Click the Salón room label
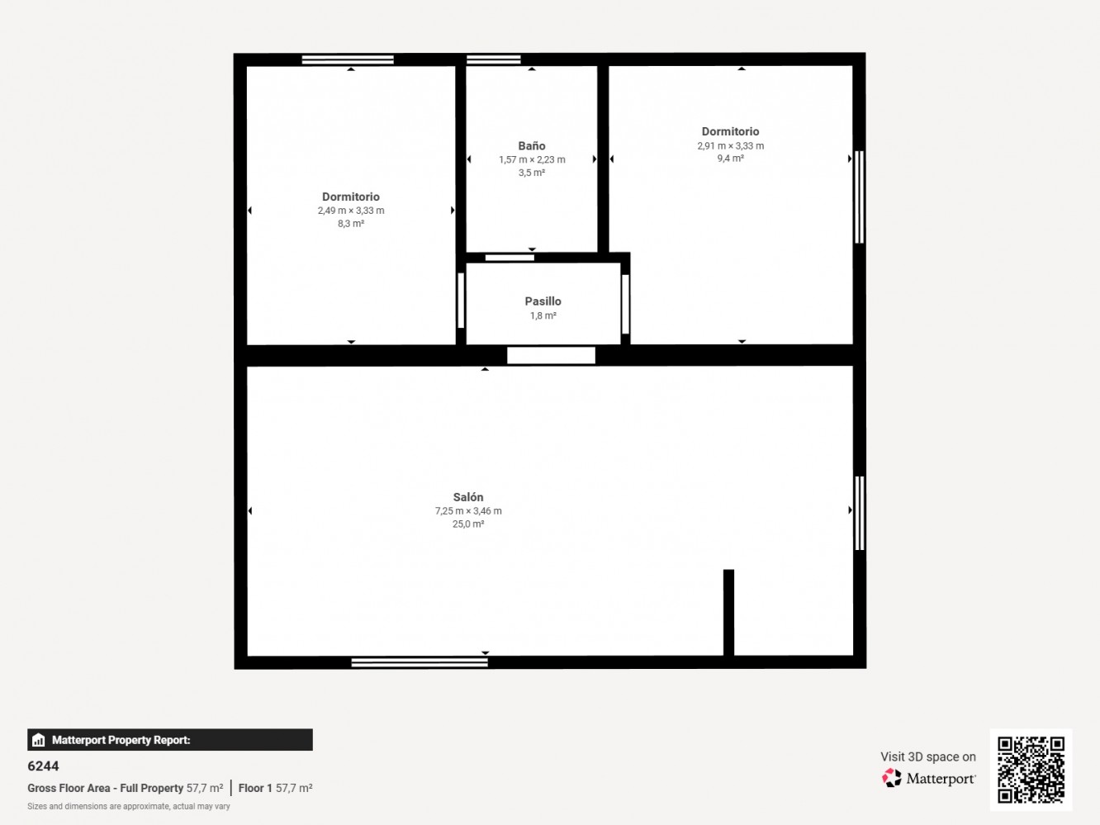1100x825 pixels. tap(468, 497)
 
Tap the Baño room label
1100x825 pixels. tap(532, 146)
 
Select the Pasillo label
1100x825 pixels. tap(543, 301)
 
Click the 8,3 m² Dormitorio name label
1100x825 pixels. tap(351, 197)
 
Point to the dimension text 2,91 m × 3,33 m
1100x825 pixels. tap(730, 146)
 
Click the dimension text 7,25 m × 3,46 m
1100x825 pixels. tap(468, 511)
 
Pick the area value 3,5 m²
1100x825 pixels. tap(532, 173)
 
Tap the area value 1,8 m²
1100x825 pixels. tap(543, 315)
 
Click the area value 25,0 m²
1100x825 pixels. tap(468, 524)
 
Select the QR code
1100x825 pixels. tap(1031, 770)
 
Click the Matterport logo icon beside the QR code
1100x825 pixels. tap(891, 778)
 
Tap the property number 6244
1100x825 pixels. tap(43, 766)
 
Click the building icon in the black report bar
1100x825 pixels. tap(39, 740)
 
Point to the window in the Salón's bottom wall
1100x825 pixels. tap(420, 662)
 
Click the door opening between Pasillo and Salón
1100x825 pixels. tap(551, 355)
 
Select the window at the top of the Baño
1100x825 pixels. tap(494, 59)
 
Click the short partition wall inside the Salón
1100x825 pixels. tap(728, 612)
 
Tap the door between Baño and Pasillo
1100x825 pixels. tap(510, 258)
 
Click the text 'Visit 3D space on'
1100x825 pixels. tap(928, 756)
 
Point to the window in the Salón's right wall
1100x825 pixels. tap(860, 513)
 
